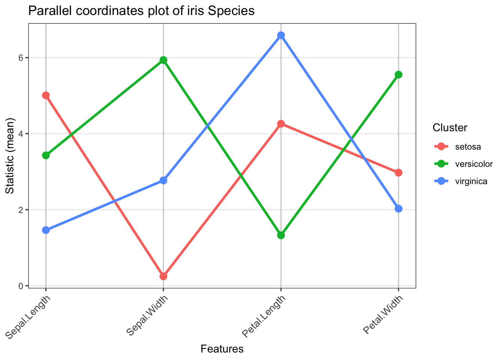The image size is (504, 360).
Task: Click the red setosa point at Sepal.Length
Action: coord(46,95)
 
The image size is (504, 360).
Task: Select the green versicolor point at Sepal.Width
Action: coord(163,60)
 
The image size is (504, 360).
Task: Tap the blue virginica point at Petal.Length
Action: coord(281,35)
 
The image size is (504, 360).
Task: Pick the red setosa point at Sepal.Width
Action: coord(163,276)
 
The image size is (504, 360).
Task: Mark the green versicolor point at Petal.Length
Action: coord(281,235)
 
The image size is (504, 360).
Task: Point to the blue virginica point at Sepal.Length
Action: coord(46,230)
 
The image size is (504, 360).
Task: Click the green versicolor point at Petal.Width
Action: coord(398,75)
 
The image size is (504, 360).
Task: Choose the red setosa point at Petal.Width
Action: coord(398,172)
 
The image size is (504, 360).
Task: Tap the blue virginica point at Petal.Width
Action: coord(398,208)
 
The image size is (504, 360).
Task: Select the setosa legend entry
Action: coord(468,147)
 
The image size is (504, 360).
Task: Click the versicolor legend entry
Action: coord(474,164)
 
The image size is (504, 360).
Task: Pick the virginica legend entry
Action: coord(471,181)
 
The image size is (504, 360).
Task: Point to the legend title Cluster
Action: coord(450,128)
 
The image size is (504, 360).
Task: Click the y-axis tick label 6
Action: coord(21,58)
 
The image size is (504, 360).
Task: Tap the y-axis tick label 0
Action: coord(21,286)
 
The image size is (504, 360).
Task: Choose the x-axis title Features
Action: coord(222,349)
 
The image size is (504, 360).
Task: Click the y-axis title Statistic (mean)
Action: coord(10,156)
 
